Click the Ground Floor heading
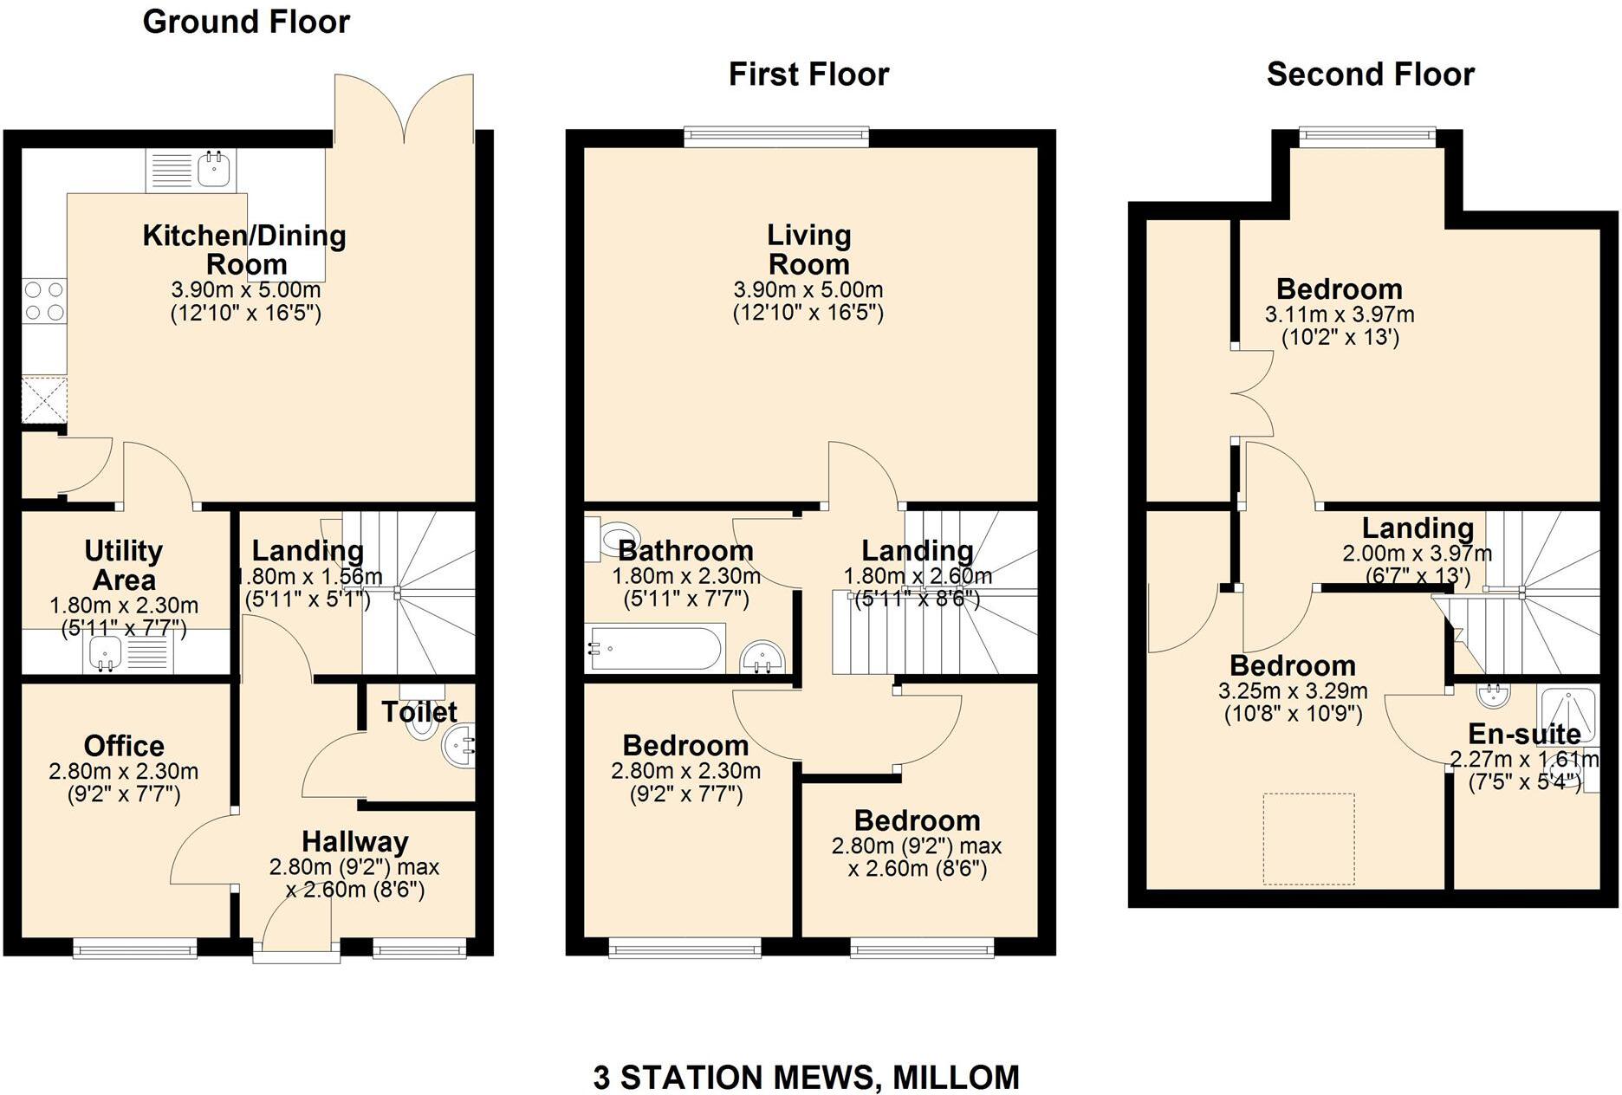[246, 22]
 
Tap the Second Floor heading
[1370, 75]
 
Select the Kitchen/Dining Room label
[244, 249]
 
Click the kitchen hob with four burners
[43, 301]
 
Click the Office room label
[124, 746]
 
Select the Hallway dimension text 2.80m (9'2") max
[354, 866]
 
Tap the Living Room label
[808, 249]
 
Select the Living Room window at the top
[775, 136]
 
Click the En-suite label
[1523, 734]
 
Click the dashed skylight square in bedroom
[1308, 839]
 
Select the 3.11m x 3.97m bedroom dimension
[1340, 314]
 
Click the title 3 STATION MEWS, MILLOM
[806, 1078]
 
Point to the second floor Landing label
[1418, 528]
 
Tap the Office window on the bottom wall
[134, 949]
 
